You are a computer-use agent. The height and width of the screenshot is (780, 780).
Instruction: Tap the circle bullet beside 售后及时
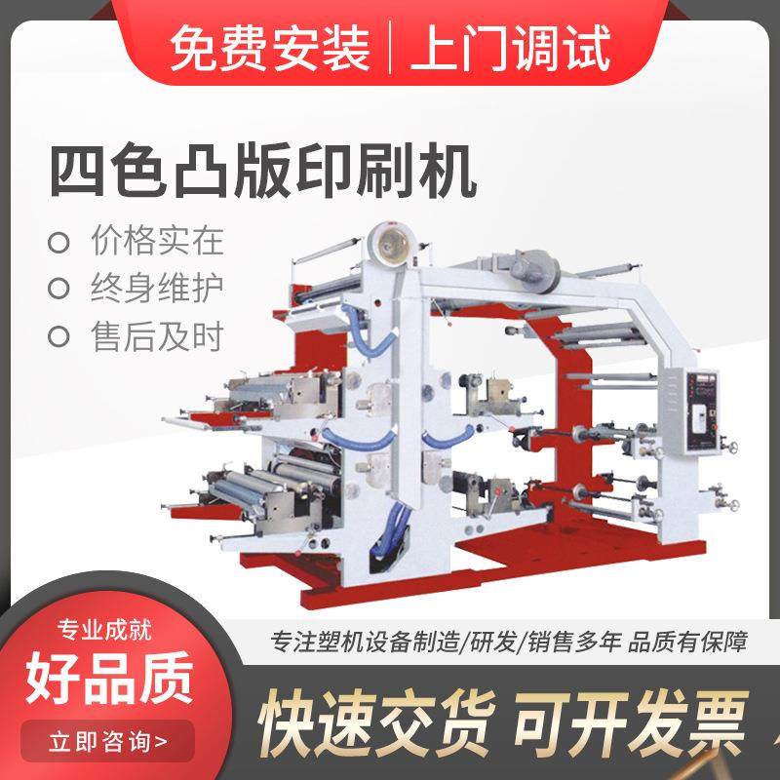(60, 337)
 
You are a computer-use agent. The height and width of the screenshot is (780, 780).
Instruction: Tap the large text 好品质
(109, 673)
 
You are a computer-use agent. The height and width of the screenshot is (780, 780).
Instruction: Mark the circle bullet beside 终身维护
(60, 289)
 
